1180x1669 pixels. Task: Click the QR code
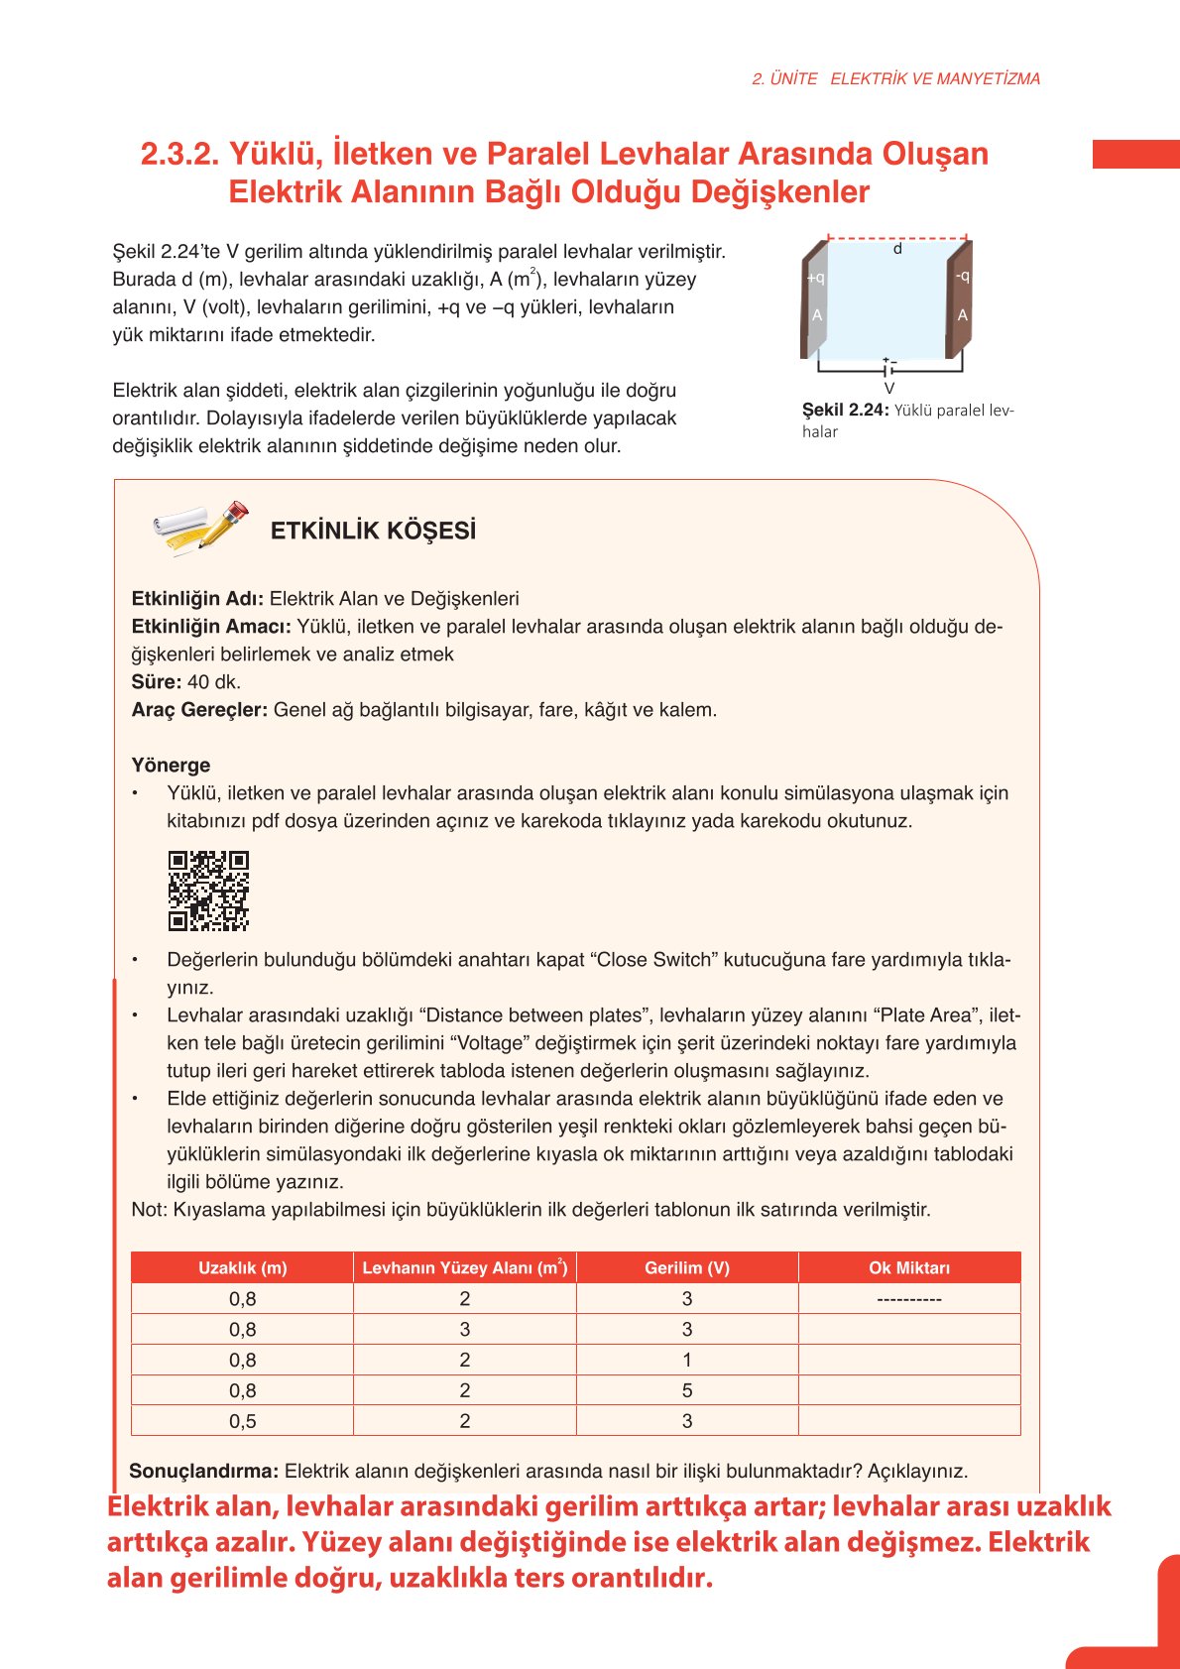208,890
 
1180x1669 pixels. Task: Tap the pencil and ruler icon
201,527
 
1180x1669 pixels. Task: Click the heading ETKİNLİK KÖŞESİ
373,531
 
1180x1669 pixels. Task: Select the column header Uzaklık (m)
242,1267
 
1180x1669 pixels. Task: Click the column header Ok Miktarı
908,1267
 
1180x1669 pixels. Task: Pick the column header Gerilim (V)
686,1267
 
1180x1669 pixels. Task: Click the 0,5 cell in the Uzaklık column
242,1421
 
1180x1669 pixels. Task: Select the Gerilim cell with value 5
686,1390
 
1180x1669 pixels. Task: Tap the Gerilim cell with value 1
686,1360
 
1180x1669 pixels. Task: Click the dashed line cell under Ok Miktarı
908,1298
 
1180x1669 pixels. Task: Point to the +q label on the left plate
815,279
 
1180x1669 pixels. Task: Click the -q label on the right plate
962,277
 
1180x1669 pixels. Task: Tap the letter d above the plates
897,249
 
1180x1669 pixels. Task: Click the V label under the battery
888,389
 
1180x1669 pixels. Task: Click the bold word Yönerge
171,765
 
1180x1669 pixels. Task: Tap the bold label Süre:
157,682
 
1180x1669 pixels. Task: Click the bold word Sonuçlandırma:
204,1471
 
